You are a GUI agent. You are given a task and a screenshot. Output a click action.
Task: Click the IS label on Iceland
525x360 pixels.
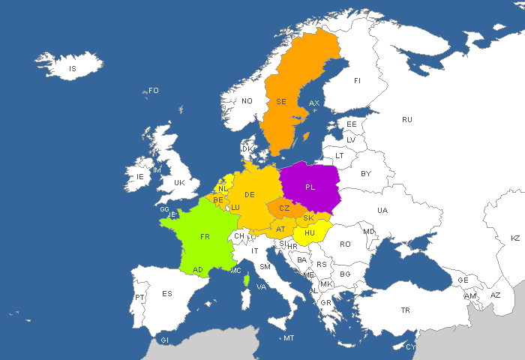pos(73,69)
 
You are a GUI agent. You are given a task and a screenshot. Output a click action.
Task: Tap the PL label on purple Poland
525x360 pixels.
pos(310,187)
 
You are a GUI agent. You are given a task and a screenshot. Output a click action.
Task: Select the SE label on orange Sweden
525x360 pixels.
pos(281,101)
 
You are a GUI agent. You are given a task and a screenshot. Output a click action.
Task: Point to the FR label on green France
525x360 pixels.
pos(205,236)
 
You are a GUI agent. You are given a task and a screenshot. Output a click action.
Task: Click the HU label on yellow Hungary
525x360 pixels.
pos(309,233)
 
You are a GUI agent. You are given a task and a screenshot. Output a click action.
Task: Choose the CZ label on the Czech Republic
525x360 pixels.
pos(284,208)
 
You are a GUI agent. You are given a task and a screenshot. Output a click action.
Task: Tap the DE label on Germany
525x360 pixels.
pos(250,195)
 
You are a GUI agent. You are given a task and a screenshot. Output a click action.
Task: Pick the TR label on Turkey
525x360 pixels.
pos(406,310)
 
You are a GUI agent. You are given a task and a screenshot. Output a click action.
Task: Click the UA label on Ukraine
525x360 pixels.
pos(383,210)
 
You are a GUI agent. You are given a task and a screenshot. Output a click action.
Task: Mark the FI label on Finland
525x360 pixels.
pos(357,80)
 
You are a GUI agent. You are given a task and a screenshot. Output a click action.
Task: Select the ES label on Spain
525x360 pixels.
pos(167,293)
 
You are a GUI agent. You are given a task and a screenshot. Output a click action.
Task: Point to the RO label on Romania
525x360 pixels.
pos(345,244)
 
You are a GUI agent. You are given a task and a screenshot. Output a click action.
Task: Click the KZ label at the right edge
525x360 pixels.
pos(515,238)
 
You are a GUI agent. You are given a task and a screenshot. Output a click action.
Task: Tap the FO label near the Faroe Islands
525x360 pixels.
pos(154,91)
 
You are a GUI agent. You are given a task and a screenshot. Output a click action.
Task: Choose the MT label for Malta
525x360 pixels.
pos(289,338)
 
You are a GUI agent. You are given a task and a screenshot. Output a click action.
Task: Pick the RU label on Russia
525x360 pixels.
pos(407,119)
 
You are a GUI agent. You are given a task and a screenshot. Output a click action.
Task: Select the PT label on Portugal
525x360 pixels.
pos(139,298)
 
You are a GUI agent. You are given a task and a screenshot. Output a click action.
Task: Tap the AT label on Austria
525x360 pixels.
pos(280,229)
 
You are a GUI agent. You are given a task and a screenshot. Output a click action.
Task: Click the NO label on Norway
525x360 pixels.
pos(247,100)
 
